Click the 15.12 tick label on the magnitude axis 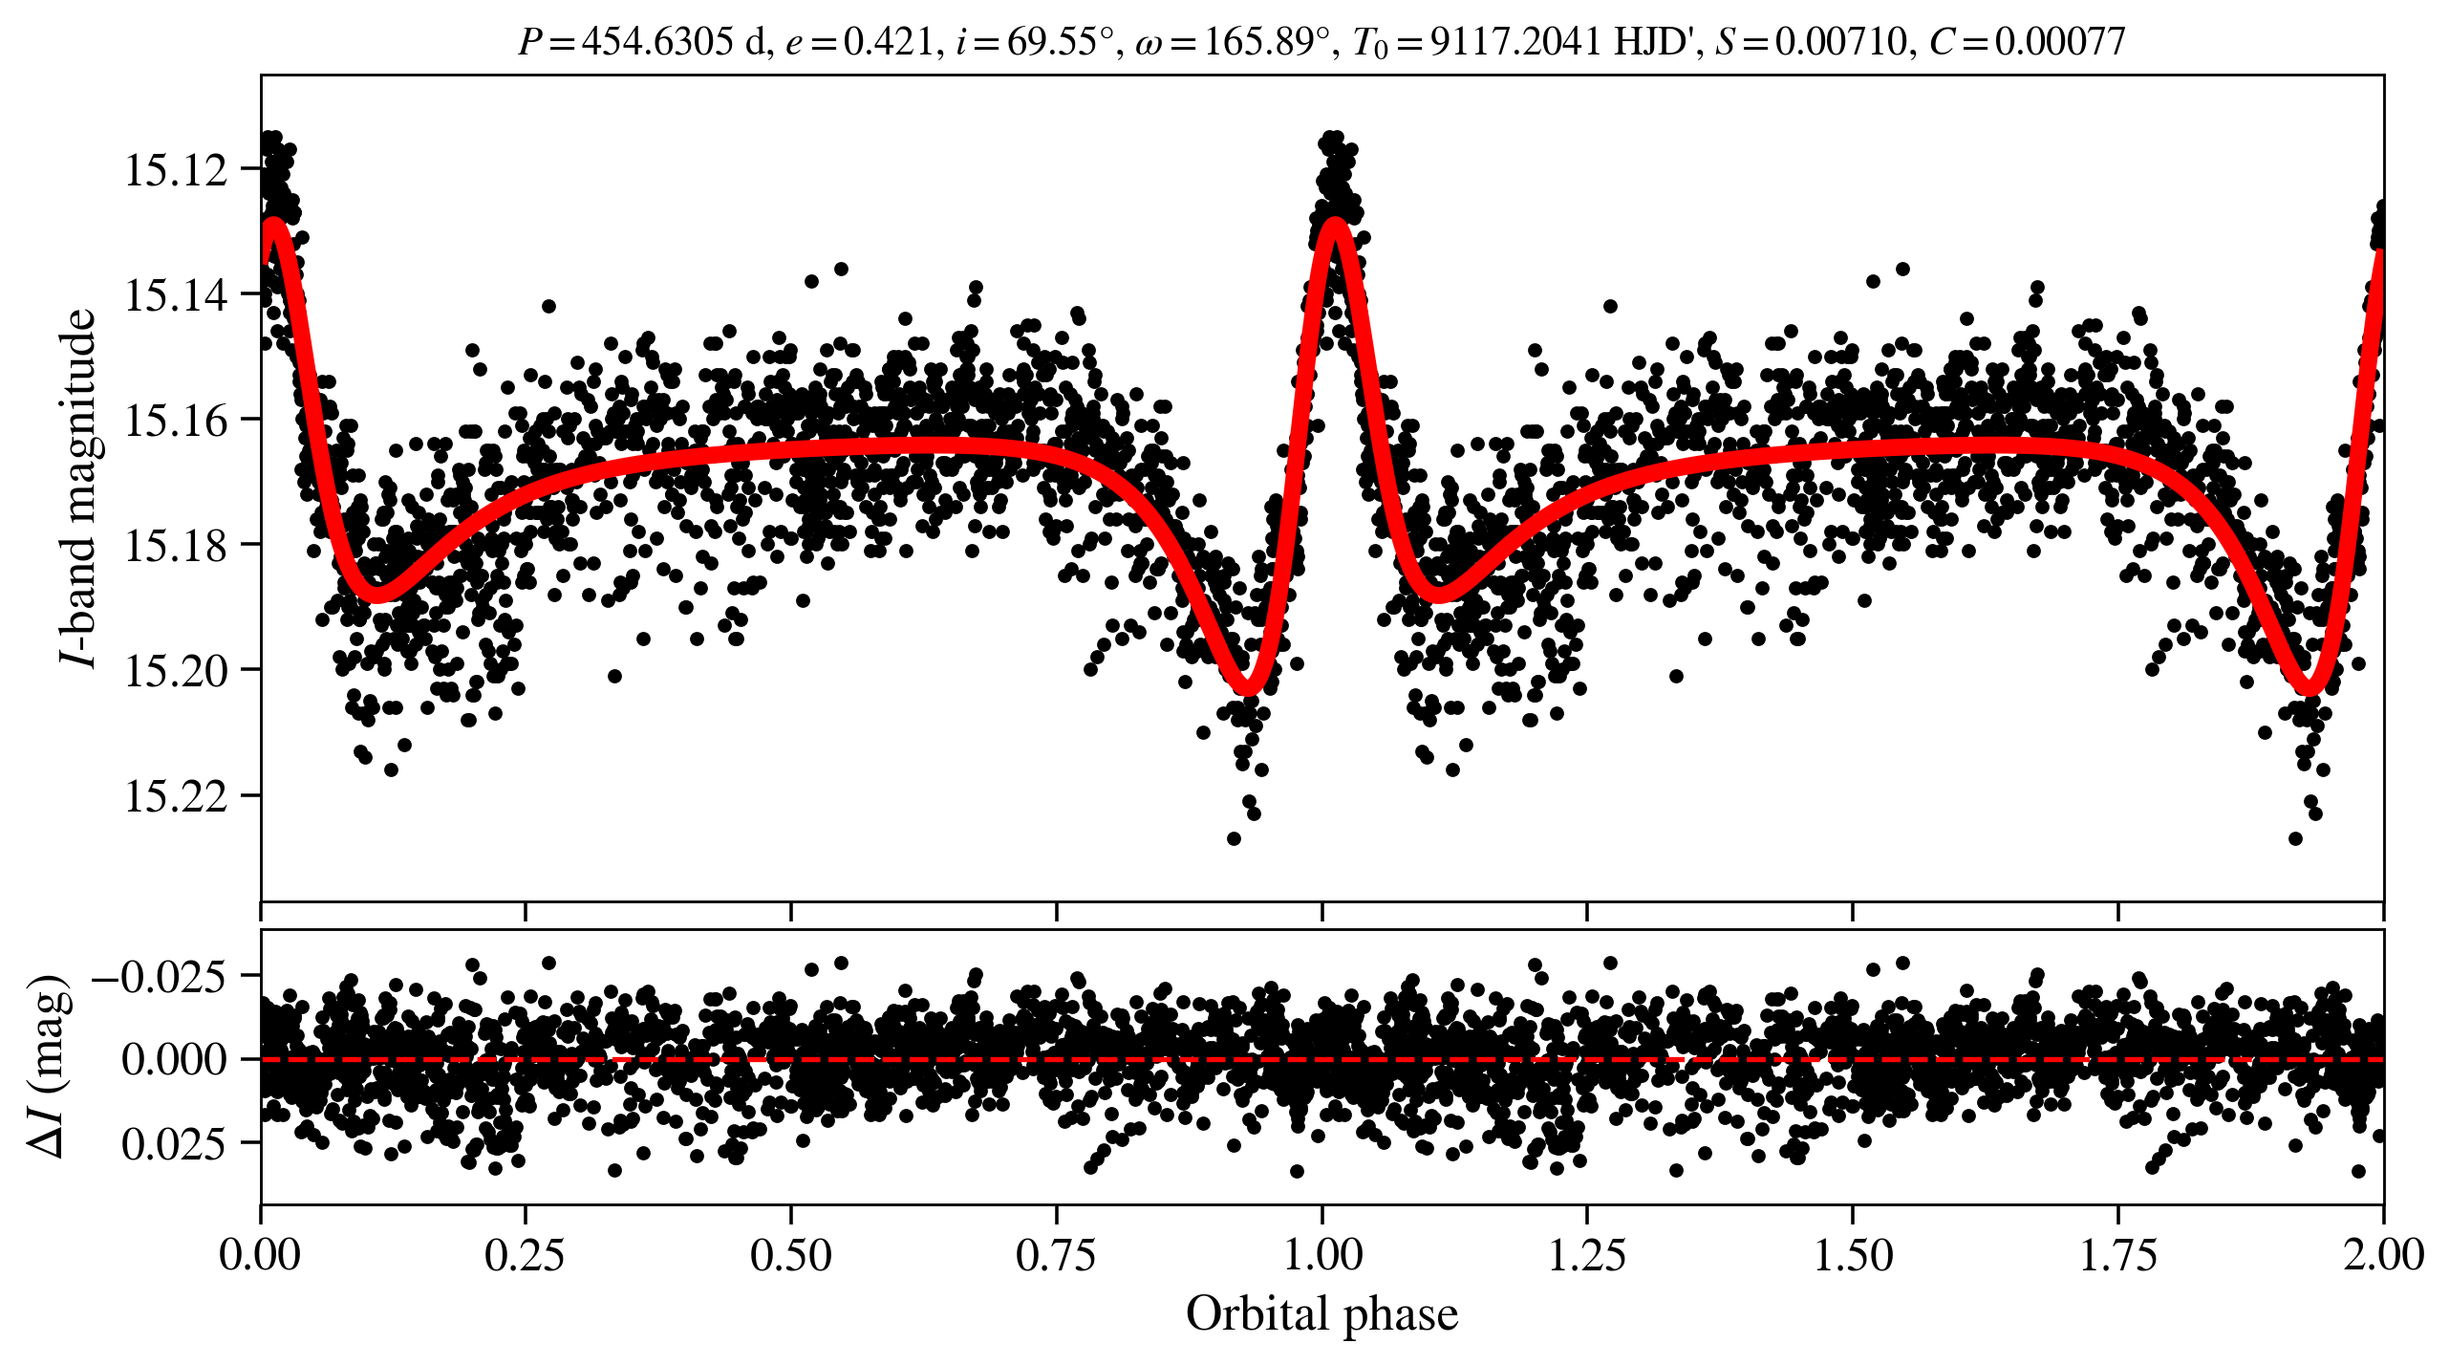176,170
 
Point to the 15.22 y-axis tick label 176,796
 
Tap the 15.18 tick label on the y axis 176,546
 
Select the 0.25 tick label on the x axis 525,1255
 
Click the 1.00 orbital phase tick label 1321,1255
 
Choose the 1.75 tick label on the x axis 2117,1255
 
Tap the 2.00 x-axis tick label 2382,1255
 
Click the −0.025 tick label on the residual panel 159,977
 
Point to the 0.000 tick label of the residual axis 174,1060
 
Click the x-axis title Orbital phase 1321,1314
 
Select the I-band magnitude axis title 78,487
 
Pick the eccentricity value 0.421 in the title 888,42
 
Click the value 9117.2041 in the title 1515,42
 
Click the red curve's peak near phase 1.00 1334,223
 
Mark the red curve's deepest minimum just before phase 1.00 1247,686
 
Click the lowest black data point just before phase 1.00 1234,838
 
